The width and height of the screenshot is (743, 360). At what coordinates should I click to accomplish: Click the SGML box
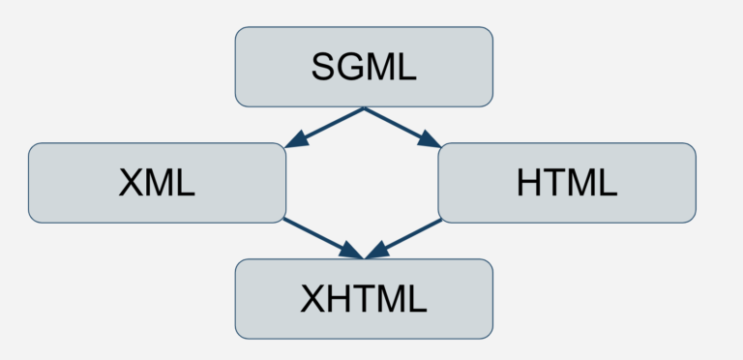(364, 66)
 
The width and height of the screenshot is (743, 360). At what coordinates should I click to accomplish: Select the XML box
(157, 182)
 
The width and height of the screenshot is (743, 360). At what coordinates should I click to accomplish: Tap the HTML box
(567, 182)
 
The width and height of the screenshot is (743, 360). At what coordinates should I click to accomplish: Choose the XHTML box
(364, 298)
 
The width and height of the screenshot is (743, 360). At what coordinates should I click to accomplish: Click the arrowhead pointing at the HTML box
(430, 140)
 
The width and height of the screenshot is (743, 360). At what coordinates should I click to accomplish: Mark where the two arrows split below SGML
(364, 108)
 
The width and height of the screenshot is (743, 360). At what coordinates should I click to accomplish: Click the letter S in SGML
(323, 67)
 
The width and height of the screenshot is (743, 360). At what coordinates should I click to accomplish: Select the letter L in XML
(186, 183)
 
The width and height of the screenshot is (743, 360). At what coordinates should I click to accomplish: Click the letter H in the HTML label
(529, 183)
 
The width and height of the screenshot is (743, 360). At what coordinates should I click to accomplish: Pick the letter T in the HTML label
(553, 183)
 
